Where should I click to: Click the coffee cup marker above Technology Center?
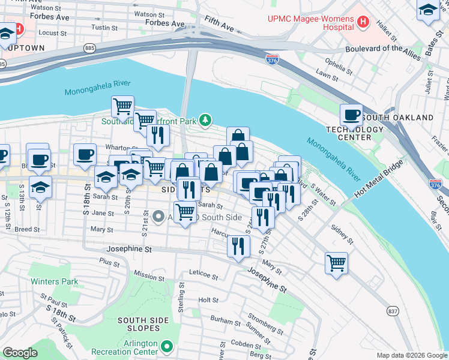pyautogui.click(x=351, y=115)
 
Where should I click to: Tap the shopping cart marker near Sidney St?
pyautogui.click(x=336, y=262)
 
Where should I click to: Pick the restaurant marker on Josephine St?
pyautogui.click(x=238, y=245)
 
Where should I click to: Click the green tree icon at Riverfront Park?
pyautogui.click(x=206, y=121)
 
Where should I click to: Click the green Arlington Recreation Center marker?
pyautogui.click(x=167, y=346)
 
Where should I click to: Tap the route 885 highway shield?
pyautogui.click(x=89, y=47)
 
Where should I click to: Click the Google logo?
pyautogui.click(x=20, y=353)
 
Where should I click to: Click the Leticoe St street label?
pyautogui.click(x=203, y=275)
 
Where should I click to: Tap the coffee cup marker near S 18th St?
pyautogui.click(x=85, y=154)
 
